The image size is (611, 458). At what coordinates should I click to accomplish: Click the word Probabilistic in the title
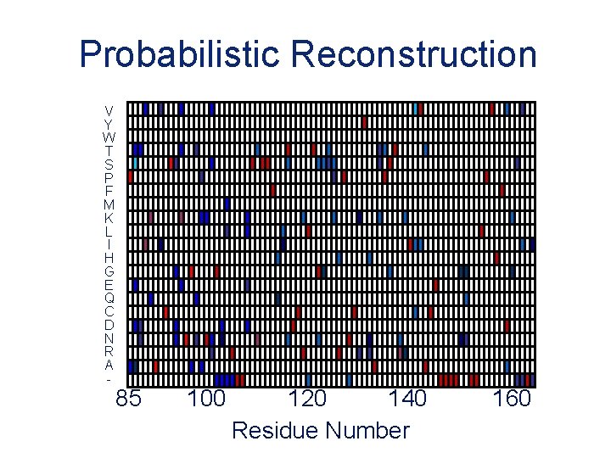tap(181, 55)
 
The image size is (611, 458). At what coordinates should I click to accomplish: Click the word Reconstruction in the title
tap(414, 55)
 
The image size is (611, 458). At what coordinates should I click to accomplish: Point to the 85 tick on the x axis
tap(128, 399)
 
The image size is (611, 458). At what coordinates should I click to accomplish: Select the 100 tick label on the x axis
tap(205, 399)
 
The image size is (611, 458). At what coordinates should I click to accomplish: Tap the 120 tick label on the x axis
tap(306, 399)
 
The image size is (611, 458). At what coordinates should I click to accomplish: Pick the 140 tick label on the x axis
tap(408, 399)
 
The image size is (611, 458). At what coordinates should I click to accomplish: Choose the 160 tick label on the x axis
tap(512, 399)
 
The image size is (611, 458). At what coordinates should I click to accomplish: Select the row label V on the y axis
tap(109, 110)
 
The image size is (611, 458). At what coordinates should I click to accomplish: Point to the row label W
tap(109, 137)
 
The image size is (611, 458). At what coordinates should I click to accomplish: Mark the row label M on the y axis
tap(109, 204)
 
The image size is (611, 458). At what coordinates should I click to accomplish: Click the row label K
tap(109, 218)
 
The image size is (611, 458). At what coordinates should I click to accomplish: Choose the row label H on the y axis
tap(109, 258)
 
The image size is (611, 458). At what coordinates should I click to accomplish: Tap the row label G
tap(109, 271)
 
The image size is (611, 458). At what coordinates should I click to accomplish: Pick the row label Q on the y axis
tap(109, 299)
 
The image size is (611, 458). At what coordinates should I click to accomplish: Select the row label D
tap(109, 325)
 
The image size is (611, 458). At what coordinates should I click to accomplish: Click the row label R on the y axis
tap(109, 352)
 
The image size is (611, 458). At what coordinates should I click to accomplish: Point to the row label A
tap(109, 366)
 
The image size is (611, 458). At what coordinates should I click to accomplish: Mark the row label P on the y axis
tap(109, 177)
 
